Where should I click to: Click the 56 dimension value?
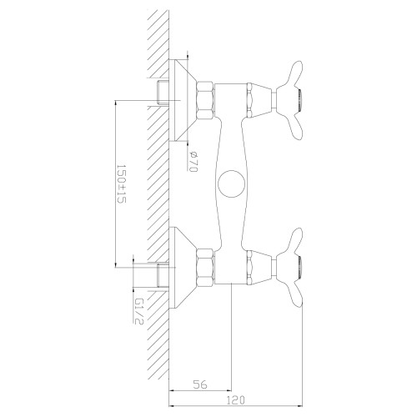[200, 384]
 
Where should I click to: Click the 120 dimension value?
[235, 400]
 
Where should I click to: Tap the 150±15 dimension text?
[121, 183]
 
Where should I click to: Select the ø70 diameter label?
[193, 161]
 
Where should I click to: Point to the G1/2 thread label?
[138, 312]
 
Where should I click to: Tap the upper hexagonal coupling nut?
[205, 100]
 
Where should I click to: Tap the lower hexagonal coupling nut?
[205, 267]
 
